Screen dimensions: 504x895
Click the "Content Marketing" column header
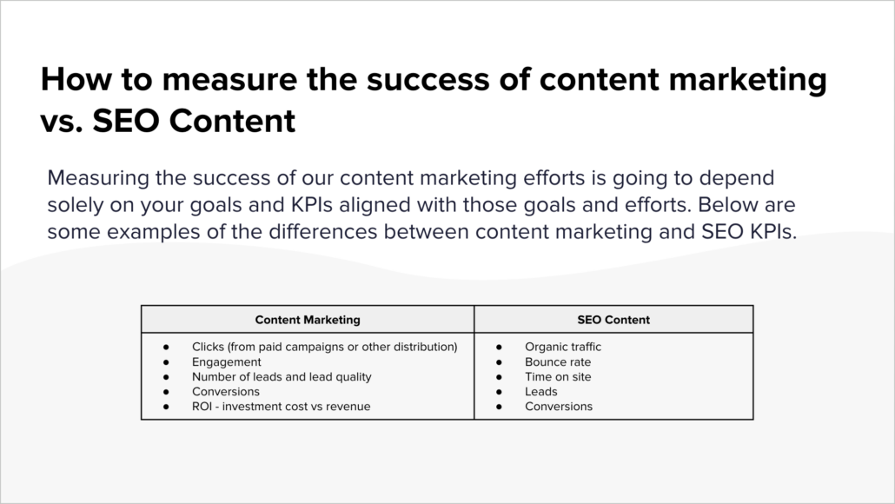point(308,320)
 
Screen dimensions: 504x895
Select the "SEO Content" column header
point(613,320)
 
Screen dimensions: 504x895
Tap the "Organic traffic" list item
point(563,347)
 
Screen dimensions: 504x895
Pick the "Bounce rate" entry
point(558,361)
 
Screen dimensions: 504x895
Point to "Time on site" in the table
point(558,376)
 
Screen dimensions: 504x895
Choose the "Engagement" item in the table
point(227,361)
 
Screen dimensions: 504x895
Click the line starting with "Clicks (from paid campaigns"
point(324,347)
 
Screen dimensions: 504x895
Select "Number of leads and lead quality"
point(282,376)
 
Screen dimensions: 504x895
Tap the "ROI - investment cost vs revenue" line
point(281,406)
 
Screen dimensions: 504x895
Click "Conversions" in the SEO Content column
point(559,406)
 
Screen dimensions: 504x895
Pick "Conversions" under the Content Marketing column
point(226,391)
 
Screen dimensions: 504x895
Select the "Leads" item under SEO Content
point(541,391)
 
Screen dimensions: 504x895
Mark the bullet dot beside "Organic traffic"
point(500,347)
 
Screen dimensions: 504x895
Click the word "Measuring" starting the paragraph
point(92,178)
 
